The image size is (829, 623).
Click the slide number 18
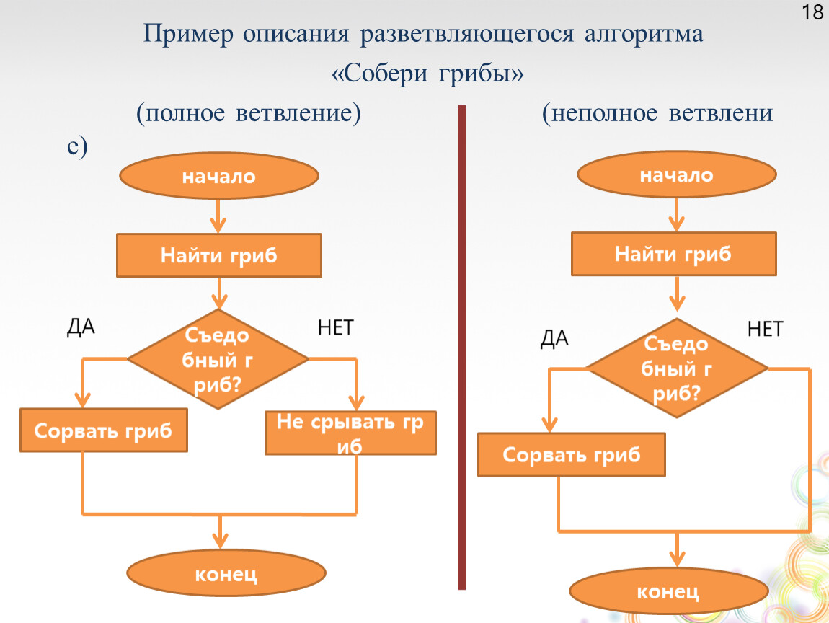[x=812, y=12]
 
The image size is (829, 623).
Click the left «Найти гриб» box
[x=219, y=256]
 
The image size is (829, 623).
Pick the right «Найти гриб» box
[x=674, y=254]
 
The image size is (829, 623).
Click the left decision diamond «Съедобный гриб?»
[x=218, y=359]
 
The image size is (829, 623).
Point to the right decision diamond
[x=677, y=368]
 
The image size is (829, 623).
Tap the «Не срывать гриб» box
[x=350, y=433]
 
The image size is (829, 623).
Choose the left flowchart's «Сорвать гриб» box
[x=104, y=431]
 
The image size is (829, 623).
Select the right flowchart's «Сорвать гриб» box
[x=572, y=455]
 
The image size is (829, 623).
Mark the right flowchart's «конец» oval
[x=668, y=593]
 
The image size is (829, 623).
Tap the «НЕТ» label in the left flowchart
[x=335, y=328]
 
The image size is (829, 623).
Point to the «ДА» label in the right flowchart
[x=554, y=339]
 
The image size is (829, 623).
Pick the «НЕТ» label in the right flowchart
[x=764, y=330]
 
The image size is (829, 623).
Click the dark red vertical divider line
[x=462, y=346]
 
